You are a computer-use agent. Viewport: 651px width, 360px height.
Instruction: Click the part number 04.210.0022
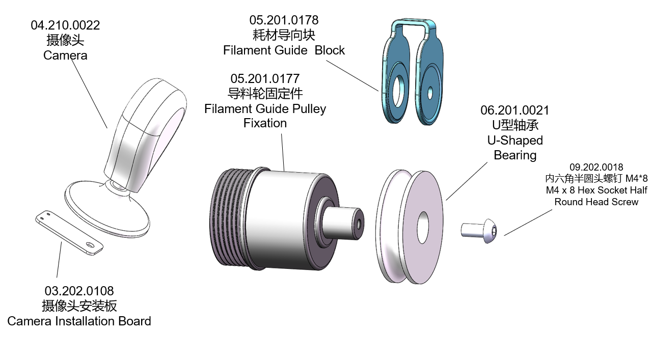coord(65,25)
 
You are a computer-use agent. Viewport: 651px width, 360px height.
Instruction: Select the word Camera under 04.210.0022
coord(65,55)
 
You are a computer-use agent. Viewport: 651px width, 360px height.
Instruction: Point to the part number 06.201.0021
coord(515,110)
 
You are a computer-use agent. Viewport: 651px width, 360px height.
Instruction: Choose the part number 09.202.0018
coord(596,167)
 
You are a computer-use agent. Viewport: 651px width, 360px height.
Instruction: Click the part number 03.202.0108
coord(79,291)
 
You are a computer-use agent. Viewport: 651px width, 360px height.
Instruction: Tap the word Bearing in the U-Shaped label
coord(515,155)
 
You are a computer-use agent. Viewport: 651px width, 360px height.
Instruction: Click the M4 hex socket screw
coord(480,230)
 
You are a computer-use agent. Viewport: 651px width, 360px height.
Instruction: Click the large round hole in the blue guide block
coord(398,86)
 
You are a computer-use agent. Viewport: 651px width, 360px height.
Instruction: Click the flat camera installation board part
coord(69,232)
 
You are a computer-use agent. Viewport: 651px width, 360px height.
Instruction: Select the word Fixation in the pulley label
coord(265,123)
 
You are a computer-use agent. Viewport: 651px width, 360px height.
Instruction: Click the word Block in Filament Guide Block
coord(330,50)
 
